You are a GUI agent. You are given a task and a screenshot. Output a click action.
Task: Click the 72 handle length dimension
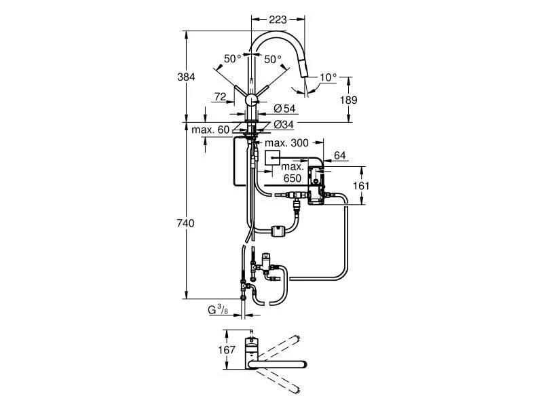(x=220, y=98)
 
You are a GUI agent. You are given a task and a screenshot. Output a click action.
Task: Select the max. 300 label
(x=286, y=143)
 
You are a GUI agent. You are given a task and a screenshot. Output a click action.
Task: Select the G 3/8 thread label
(x=218, y=311)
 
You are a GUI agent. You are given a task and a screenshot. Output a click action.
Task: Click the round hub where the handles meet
(x=251, y=100)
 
